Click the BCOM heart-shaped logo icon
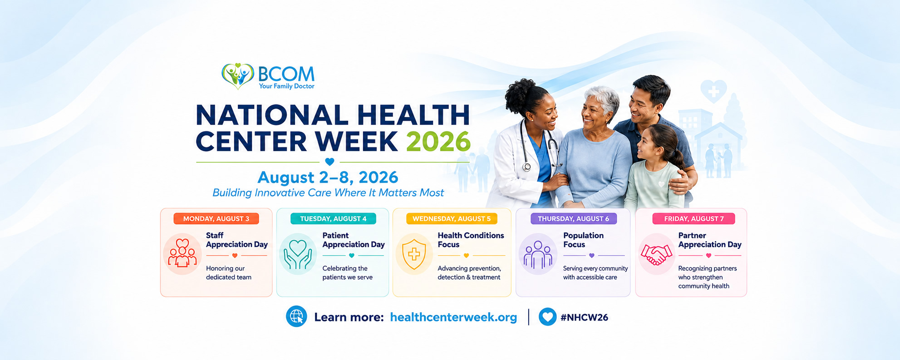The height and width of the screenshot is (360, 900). tap(237, 76)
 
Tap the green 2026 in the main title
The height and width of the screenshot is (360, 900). tap(438, 141)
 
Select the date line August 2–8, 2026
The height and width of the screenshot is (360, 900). tap(328, 177)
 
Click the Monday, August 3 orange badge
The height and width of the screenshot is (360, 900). tap(216, 219)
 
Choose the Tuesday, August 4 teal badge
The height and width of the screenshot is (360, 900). tap(333, 219)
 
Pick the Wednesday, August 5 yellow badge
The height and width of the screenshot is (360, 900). tap(452, 219)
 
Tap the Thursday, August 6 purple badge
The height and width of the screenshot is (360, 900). tap(574, 219)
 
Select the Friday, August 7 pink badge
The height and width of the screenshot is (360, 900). tap(693, 219)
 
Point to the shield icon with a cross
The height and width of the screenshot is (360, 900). tap(414, 254)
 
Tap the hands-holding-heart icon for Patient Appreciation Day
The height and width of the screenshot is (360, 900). tap(298, 255)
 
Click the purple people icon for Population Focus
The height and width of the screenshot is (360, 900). tap(538, 255)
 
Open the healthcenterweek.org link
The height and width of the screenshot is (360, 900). tap(453, 317)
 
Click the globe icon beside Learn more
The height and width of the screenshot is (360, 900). tap(296, 316)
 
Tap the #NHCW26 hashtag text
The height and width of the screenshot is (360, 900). tap(584, 317)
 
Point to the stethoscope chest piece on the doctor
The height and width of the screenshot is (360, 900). tap(526, 167)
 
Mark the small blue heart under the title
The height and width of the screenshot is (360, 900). tap(330, 162)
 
